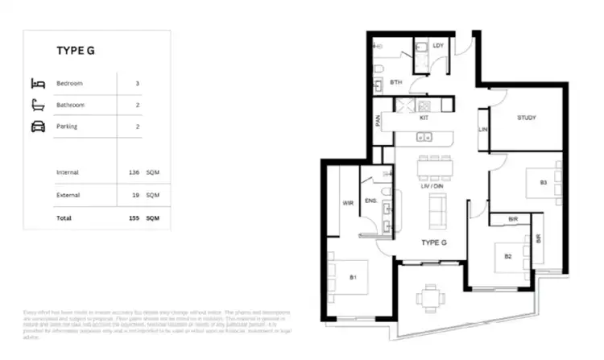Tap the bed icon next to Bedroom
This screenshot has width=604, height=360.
[x=38, y=83]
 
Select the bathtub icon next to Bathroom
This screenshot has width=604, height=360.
[x=38, y=105]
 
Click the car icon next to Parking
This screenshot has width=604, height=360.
[x=38, y=126]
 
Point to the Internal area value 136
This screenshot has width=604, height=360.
[x=133, y=172]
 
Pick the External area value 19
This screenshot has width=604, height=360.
[x=134, y=195]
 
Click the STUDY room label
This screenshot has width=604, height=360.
[x=527, y=118]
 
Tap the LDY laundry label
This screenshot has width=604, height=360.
[x=438, y=46]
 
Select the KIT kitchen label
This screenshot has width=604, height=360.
[x=424, y=118]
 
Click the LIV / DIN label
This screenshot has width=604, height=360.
[x=432, y=186]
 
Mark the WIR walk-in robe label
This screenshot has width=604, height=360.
[x=349, y=202]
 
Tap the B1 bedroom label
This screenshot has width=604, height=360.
[x=353, y=278]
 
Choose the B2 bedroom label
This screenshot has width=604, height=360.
[x=508, y=256]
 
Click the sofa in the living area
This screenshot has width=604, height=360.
[x=437, y=212]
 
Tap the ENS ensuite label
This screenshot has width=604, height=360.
[x=371, y=201]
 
